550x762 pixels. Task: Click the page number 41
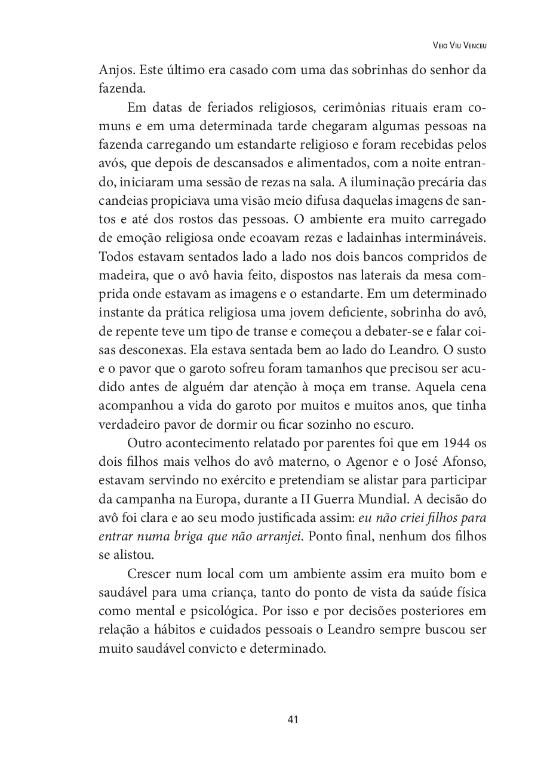point(293,719)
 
